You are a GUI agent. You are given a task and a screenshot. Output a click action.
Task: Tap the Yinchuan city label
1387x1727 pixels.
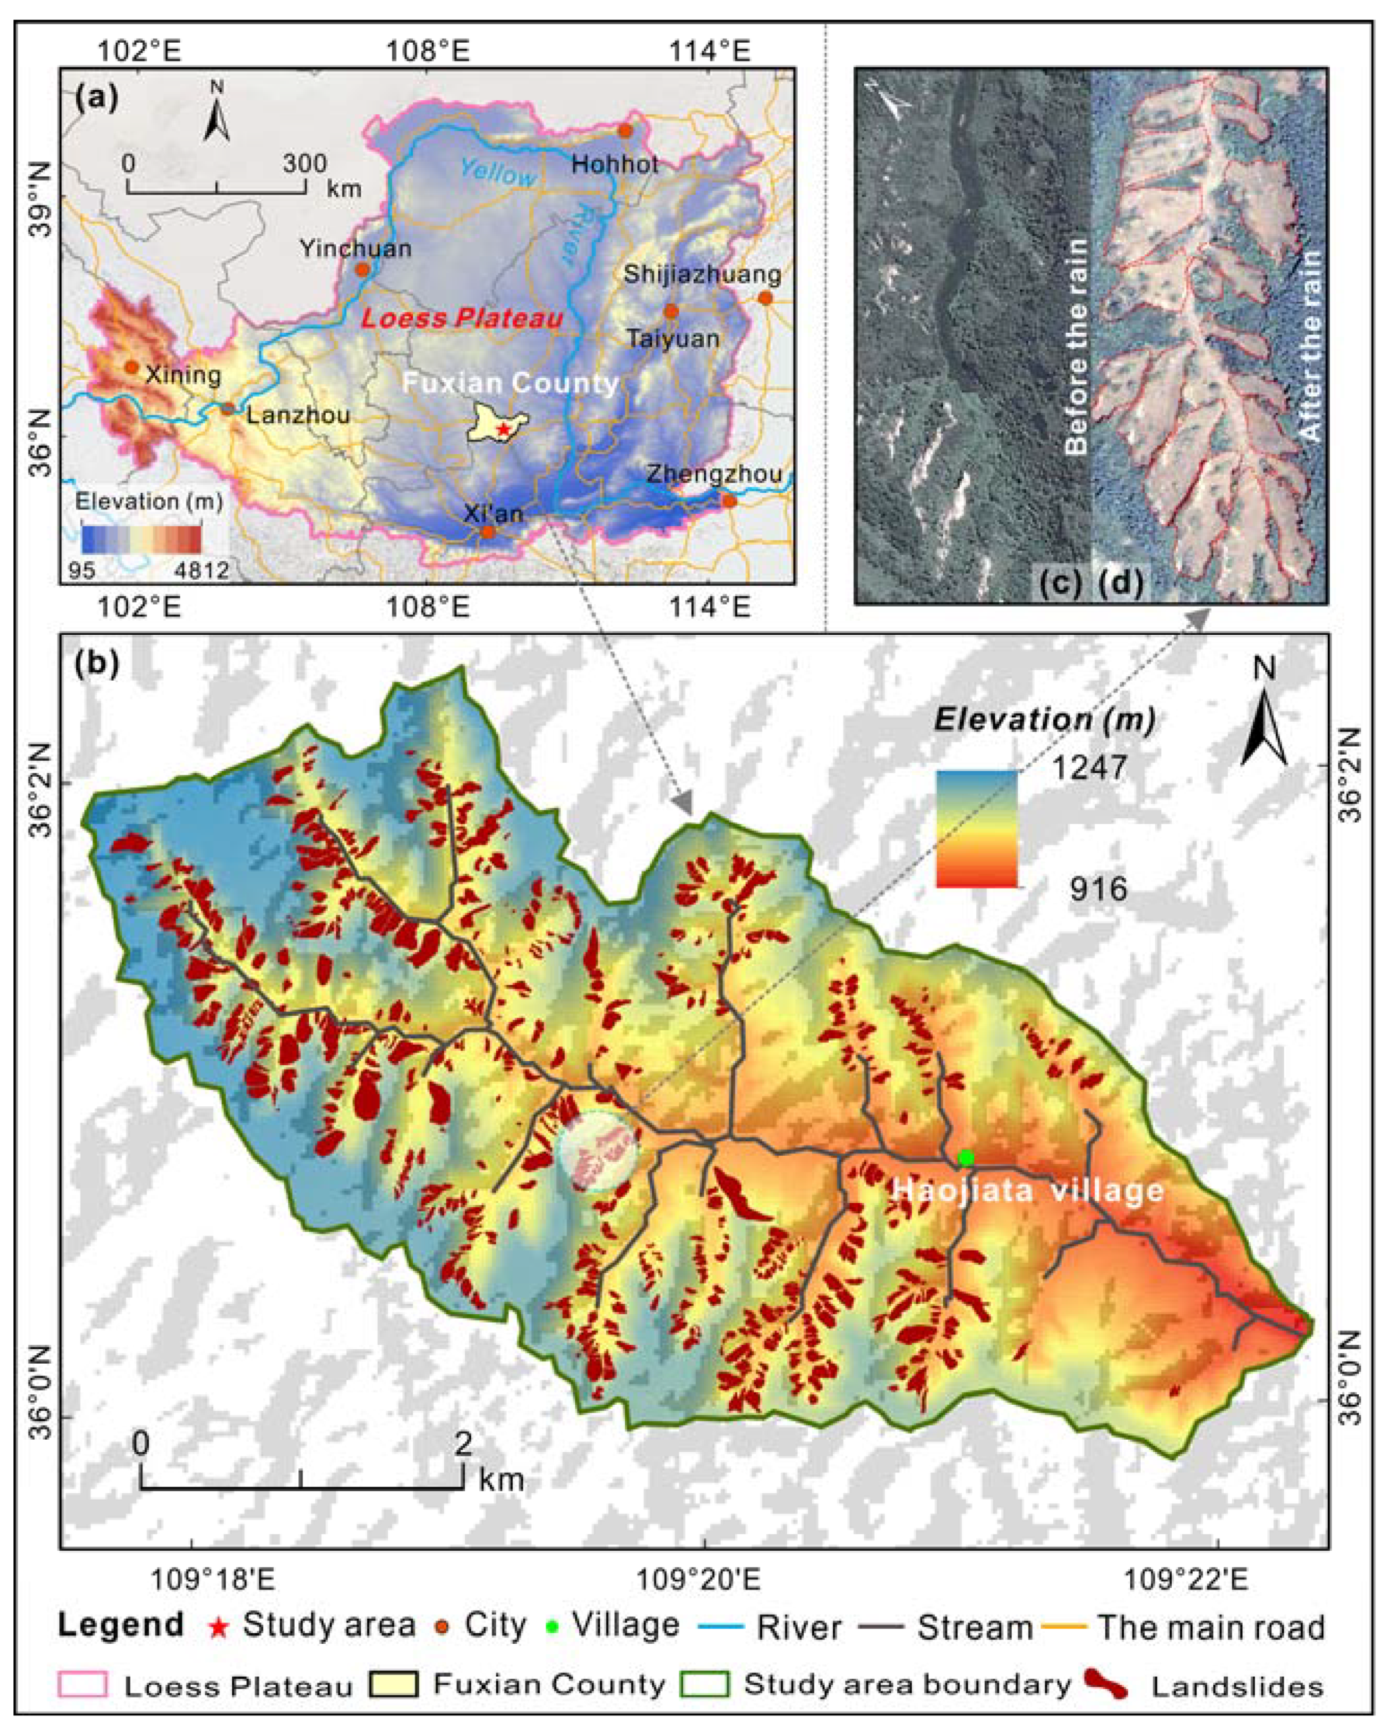[x=356, y=248]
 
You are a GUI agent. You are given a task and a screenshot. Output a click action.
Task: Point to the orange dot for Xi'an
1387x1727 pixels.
[x=488, y=531]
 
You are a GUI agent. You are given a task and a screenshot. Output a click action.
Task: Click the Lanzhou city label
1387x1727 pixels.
[x=298, y=416]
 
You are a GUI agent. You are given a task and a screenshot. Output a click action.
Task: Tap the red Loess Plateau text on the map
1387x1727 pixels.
[x=462, y=318]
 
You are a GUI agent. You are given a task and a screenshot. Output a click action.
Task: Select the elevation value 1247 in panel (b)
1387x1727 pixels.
[x=1089, y=768]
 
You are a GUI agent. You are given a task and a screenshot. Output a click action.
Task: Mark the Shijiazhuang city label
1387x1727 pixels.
[x=702, y=275]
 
